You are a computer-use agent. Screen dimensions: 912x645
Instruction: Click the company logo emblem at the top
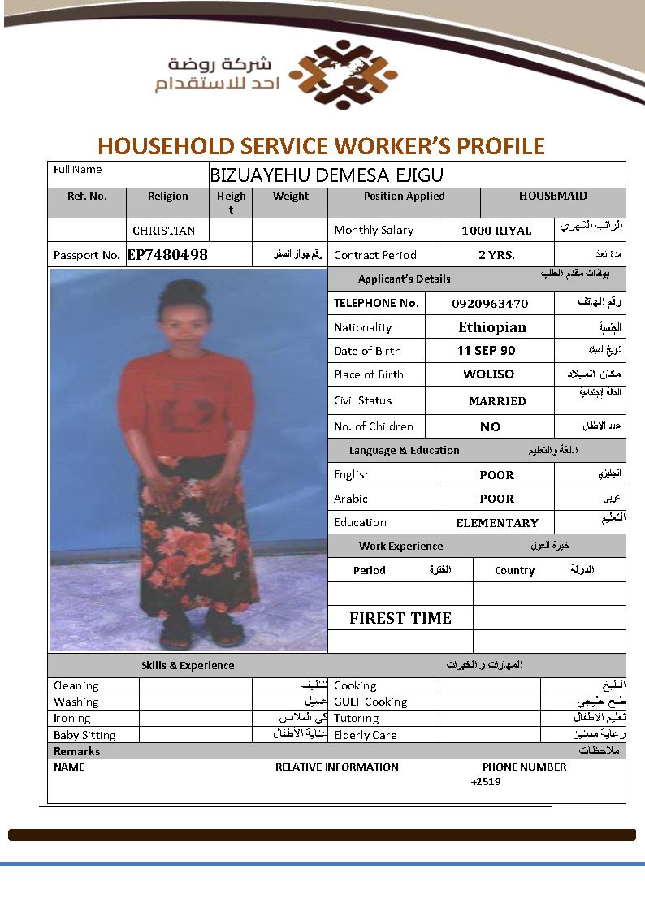(343, 76)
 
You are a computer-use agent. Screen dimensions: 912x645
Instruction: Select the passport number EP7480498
(167, 255)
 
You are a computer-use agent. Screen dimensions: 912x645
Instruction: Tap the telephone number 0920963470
(490, 304)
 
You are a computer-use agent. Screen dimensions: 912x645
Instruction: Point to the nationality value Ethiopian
(492, 327)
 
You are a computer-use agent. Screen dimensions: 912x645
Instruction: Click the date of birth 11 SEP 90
(486, 351)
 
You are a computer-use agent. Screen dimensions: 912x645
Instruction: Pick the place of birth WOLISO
(488, 374)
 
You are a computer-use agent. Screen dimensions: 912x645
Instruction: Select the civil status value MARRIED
(497, 401)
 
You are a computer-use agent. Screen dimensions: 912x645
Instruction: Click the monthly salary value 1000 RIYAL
(496, 231)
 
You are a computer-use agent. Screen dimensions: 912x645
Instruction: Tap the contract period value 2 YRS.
(496, 255)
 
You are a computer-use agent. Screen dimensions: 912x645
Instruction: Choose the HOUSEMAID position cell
(553, 196)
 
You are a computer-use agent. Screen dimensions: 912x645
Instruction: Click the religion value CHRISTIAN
(164, 231)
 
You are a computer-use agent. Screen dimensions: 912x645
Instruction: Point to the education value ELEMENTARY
(497, 523)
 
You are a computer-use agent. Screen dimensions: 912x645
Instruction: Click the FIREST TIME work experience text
(400, 618)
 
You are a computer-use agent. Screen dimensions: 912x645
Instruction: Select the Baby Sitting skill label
(84, 735)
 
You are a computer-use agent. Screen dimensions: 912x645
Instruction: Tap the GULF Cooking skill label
(370, 702)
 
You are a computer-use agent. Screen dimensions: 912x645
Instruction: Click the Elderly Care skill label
(366, 735)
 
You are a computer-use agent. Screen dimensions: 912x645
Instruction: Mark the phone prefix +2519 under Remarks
(486, 782)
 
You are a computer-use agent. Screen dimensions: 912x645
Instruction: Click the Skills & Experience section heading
(188, 665)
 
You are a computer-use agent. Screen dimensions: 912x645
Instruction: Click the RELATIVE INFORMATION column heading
(337, 767)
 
